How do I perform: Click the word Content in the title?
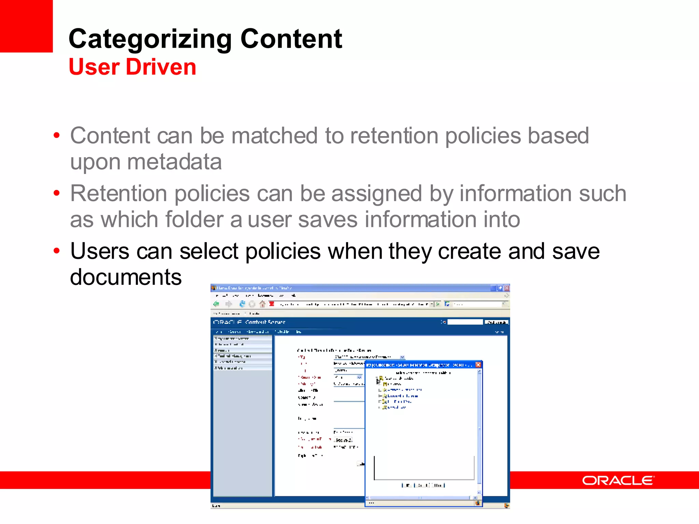pos(291,39)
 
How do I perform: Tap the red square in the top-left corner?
pos(26,26)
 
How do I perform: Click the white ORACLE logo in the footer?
pos(618,480)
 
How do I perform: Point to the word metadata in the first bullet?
pos(174,162)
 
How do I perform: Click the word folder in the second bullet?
pos(194,219)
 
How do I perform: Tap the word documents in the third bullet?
pos(126,277)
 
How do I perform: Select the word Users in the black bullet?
pos(100,251)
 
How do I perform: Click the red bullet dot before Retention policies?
pos(57,193)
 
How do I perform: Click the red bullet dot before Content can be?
pos(57,135)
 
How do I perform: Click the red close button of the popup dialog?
pos(478,365)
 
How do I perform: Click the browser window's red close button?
pos(507,288)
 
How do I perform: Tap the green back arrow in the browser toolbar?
pos(216,304)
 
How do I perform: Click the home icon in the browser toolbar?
pos(262,304)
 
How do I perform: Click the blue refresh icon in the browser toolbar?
pos(242,304)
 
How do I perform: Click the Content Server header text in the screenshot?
pos(265,322)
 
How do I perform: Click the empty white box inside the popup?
pos(424,467)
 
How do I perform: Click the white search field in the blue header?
pos(465,322)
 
